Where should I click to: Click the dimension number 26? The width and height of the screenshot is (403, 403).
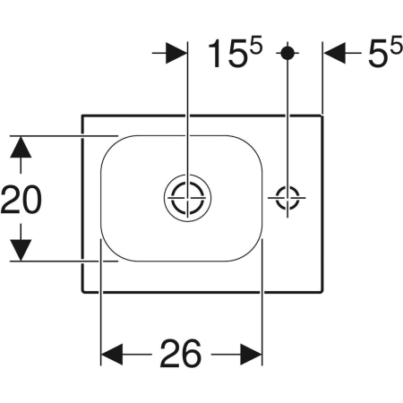[181, 355]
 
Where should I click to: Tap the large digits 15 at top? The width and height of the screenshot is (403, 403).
[227, 56]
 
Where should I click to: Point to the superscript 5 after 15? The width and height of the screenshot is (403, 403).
[256, 46]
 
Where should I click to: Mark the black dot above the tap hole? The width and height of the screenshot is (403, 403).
[287, 53]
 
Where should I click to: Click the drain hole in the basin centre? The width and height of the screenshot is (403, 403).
[187, 197]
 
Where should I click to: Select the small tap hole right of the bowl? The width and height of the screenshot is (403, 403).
[287, 197]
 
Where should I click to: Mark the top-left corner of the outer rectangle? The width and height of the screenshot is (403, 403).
[82, 114]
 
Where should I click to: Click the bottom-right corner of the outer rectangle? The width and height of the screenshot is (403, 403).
[323, 293]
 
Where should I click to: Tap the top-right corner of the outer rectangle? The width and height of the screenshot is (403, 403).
[323, 114]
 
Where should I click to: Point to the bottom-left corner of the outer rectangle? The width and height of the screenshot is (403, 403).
[82, 293]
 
